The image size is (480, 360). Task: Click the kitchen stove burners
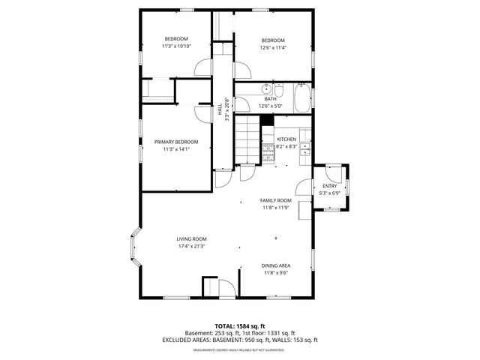(x=268, y=155)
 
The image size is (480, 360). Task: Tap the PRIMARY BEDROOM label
(x=176, y=142)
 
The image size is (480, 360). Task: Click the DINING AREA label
(x=277, y=265)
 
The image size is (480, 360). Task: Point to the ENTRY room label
(x=330, y=186)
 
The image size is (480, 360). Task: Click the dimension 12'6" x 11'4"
(x=273, y=47)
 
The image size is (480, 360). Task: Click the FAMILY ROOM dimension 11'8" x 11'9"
(x=276, y=208)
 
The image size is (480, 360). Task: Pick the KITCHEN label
(x=286, y=139)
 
